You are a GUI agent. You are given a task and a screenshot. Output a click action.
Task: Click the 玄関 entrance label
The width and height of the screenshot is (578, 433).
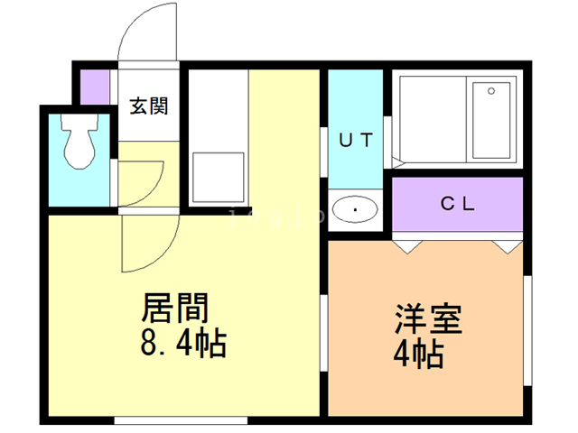point(149,106)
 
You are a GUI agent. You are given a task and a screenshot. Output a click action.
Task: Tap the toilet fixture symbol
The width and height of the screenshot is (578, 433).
point(79,141)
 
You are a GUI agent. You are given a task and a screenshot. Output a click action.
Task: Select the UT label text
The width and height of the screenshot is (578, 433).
point(356,140)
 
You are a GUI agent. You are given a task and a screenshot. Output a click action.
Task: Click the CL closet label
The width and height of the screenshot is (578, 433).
point(458,204)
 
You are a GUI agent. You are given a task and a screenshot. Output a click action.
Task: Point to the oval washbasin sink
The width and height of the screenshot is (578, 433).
point(355,209)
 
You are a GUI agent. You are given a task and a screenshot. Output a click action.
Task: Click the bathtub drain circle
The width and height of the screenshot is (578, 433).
point(491,91)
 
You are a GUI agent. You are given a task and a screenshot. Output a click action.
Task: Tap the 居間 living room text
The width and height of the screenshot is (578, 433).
point(175,308)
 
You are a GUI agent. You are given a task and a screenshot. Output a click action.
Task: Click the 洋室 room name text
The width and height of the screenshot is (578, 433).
point(428,318)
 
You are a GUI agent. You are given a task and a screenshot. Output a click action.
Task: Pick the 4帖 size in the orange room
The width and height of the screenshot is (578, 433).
point(418,354)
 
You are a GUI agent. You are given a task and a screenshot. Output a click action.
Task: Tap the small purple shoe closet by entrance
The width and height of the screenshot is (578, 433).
point(95,87)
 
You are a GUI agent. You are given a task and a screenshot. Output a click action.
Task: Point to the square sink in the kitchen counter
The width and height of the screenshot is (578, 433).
point(219,178)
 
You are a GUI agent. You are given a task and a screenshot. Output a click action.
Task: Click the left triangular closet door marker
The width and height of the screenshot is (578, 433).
point(407,247)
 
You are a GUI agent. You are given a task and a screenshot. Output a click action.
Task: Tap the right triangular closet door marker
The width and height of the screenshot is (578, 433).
point(508,247)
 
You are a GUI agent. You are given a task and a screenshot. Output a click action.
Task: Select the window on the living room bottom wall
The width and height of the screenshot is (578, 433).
point(181,420)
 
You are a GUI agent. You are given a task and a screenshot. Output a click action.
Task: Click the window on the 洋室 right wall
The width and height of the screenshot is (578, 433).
point(527,331)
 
